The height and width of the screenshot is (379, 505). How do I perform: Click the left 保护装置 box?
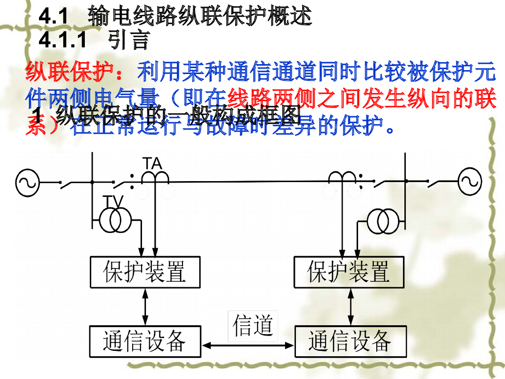pos(145,272)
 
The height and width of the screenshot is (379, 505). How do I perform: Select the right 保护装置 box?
pos(349,272)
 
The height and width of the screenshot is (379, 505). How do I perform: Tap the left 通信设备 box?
pos(145,341)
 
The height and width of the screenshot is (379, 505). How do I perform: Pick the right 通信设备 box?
pos(350,341)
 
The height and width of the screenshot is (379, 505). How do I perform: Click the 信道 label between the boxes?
pos(253,326)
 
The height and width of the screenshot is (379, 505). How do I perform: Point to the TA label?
pos(152,163)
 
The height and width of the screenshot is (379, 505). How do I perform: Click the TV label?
pos(113,201)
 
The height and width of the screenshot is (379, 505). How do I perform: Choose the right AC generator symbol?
pos(470,182)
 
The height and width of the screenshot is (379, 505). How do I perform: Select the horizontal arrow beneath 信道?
pos(248,346)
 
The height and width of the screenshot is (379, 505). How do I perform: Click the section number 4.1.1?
pos(62,40)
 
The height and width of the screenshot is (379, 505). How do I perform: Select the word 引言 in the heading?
pos(129,40)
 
